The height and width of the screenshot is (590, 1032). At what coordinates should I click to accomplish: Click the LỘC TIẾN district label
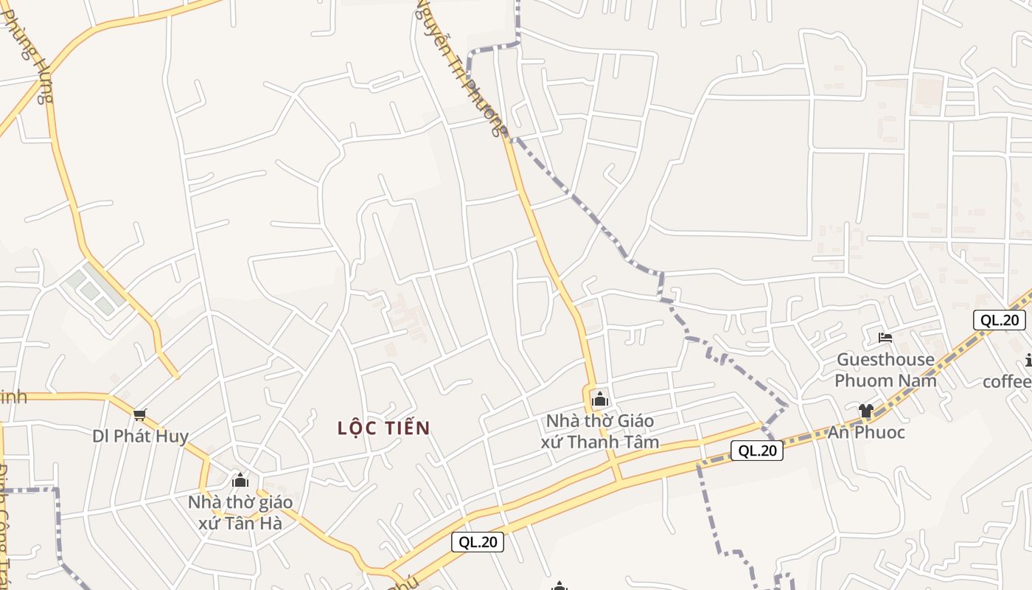tap(383, 428)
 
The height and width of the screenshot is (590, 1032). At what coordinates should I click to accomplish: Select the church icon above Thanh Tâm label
tap(599, 400)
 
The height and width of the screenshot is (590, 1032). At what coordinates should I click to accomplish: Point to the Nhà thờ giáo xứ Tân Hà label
tap(240, 513)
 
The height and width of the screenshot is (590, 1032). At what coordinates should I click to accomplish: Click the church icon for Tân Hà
tap(240, 481)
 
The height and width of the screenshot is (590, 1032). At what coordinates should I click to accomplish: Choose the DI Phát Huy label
tap(140, 436)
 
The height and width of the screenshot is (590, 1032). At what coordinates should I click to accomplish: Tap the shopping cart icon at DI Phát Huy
tap(140, 415)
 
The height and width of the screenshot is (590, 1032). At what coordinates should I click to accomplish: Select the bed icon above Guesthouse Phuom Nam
tap(885, 338)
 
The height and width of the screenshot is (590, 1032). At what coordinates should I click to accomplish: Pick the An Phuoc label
tap(865, 432)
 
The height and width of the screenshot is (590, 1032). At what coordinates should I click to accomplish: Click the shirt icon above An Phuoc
tap(865, 410)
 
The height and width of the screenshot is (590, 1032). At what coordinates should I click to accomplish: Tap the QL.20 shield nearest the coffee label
tap(999, 320)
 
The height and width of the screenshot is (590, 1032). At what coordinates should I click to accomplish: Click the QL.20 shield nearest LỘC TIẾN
tap(478, 542)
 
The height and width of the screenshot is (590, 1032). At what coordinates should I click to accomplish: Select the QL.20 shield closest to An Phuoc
tap(757, 451)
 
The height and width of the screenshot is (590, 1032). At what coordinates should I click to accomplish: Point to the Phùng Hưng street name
tap(29, 55)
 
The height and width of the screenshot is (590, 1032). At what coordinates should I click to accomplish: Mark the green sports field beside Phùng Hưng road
tap(93, 291)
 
